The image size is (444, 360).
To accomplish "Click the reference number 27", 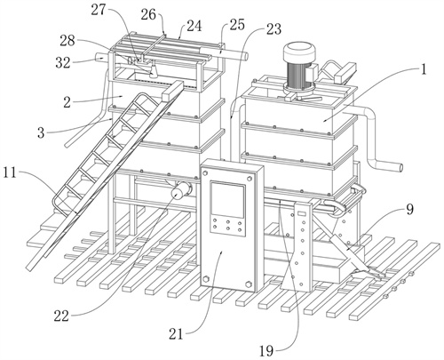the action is pos(98,10).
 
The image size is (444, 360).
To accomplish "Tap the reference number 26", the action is pos(148,14).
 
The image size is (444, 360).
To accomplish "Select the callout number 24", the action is pos(194,26).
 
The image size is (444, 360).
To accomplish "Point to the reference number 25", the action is pos(237,25).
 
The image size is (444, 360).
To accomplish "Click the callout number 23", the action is pos(273,29).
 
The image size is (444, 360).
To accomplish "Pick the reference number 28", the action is pos(67,41).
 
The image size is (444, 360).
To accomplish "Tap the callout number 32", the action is pos(63,62).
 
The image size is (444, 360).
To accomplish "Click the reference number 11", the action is pos(10,173).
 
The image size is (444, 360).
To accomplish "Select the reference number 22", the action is pos(61,316).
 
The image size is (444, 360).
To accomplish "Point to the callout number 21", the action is pos(176,334).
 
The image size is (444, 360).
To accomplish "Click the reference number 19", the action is pos(266,351).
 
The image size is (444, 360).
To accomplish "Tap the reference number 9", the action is pos(409,210).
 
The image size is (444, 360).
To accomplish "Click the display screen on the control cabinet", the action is pos(227,200).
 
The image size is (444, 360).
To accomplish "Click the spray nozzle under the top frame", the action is pos(153,71).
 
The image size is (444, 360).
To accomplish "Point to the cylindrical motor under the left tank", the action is pos(180,190).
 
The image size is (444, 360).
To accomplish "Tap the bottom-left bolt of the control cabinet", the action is pos(205,279).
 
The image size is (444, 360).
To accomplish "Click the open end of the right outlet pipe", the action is pos(400,168).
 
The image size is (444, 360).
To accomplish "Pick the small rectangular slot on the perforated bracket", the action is pos(302,213).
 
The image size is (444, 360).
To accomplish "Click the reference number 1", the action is pos(424,70).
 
